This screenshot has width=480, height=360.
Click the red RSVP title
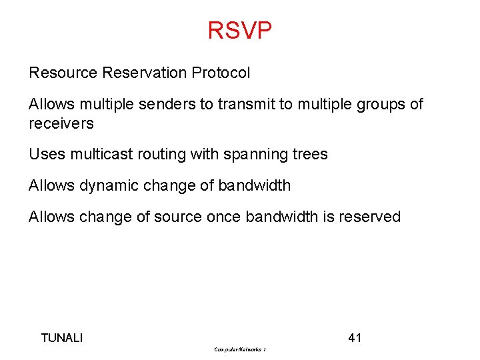click(239, 31)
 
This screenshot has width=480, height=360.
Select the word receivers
click(61, 123)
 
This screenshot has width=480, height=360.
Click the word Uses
click(45, 155)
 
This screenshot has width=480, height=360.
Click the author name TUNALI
click(62, 338)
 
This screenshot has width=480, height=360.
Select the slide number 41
click(355, 338)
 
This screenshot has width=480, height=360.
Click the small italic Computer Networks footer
click(240, 349)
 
